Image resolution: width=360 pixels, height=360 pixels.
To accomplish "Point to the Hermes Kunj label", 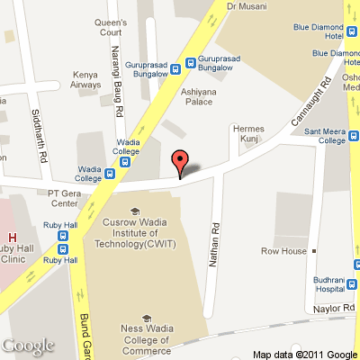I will pyautogui.click(x=249, y=132).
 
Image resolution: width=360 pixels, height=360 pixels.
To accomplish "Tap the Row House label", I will pyautogui.click(x=283, y=250).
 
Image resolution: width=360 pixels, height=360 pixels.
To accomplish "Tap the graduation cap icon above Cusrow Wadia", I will pyautogui.click(x=133, y=212).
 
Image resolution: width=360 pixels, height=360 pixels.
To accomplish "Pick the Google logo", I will pyautogui.click(x=29, y=345).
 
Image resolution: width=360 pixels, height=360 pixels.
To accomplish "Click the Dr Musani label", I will pyautogui.click(x=246, y=5).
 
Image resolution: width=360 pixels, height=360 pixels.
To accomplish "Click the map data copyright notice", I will pyautogui.click(x=304, y=353).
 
